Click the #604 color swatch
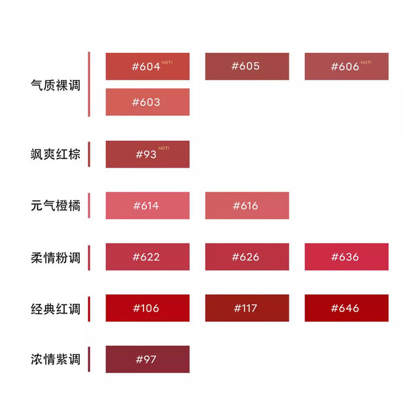[x=147, y=66]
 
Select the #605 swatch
[x=247, y=66]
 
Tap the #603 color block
[x=147, y=102]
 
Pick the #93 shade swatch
[x=147, y=155]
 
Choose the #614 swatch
[x=147, y=206]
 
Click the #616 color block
[x=247, y=206]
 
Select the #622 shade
[x=147, y=257]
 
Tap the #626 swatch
[x=247, y=257]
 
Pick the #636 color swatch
[x=346, y=257]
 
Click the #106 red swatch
[x=147, y=308]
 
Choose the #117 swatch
[x=247, y=308]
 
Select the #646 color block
[x=346, y=308]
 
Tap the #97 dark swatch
[x=147, y=359]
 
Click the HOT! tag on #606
[x=366, y=63]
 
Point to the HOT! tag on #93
[x=164, y=149]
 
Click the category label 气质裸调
[x=56, y=85]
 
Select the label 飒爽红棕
[x=56, y=155]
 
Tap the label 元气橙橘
[x=56, y=206]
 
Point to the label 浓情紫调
[x=56, y=359]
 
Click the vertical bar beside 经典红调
[x=89, y=309]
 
